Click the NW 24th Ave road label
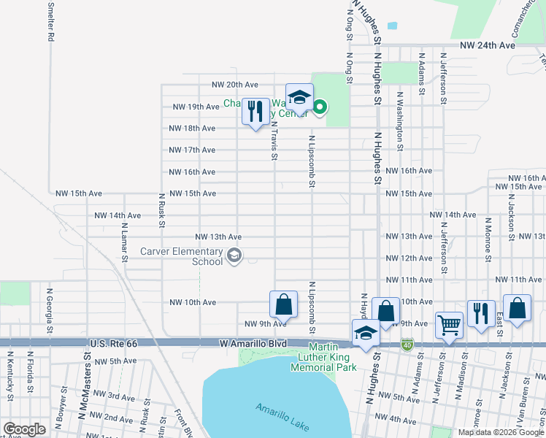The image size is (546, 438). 489,45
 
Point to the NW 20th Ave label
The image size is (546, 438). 235,85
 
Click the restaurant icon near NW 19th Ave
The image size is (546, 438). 255,112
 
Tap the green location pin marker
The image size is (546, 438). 320,109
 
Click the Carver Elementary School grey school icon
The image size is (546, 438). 234,255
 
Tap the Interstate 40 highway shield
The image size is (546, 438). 407,344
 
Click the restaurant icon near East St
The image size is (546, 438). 481,314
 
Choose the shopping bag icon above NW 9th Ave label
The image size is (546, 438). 283,304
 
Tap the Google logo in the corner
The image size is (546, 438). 24,429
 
